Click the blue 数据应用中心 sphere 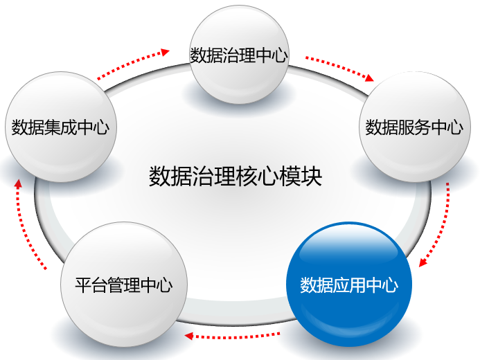[349, 285]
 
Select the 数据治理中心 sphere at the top [239, 55]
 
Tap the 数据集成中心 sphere [61, 127]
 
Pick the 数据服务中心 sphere [414, 127]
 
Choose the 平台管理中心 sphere [124, 285]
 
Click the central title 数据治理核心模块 [235, 176]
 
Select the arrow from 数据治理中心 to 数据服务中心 [340, 69]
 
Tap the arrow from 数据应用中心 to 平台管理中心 [233, 336]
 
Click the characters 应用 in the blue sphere [349, 285]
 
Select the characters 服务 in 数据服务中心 [414, 127]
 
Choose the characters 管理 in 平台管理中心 [124, 285]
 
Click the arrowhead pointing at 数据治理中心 [166, 52]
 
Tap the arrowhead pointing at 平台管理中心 [188, 336]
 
